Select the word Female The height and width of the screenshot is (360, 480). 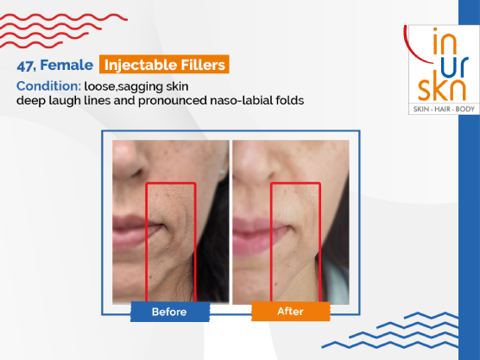click(x=66, y=65)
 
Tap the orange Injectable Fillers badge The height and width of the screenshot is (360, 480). click(x=164, y=65)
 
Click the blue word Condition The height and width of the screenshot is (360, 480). click(x=48, y=86)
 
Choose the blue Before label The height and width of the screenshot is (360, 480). click(x=170, y=312)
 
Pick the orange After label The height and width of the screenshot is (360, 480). click(x=291, y=311)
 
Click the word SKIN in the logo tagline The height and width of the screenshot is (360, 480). click(x=421, y=109)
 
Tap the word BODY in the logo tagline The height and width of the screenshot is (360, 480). click(x=465, y=109)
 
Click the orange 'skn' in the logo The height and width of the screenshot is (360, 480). click(x=442, y=90)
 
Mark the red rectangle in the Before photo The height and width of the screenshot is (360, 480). click(x=147, y=242)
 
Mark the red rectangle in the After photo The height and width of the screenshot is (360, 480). click(x=271, y=242)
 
